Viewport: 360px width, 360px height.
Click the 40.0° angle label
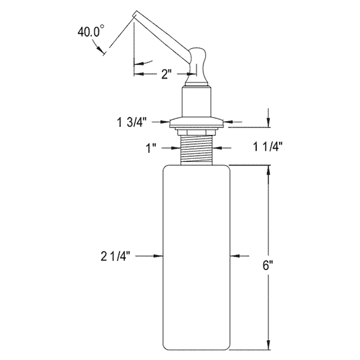tap(91, 32)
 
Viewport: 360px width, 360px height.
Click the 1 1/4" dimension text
tap(268, 146)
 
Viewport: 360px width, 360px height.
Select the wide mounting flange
tap(197, 123)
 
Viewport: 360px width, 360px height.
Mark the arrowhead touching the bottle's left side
tap(161, 256)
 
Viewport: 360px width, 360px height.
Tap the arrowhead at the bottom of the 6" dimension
tap(268, 346)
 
